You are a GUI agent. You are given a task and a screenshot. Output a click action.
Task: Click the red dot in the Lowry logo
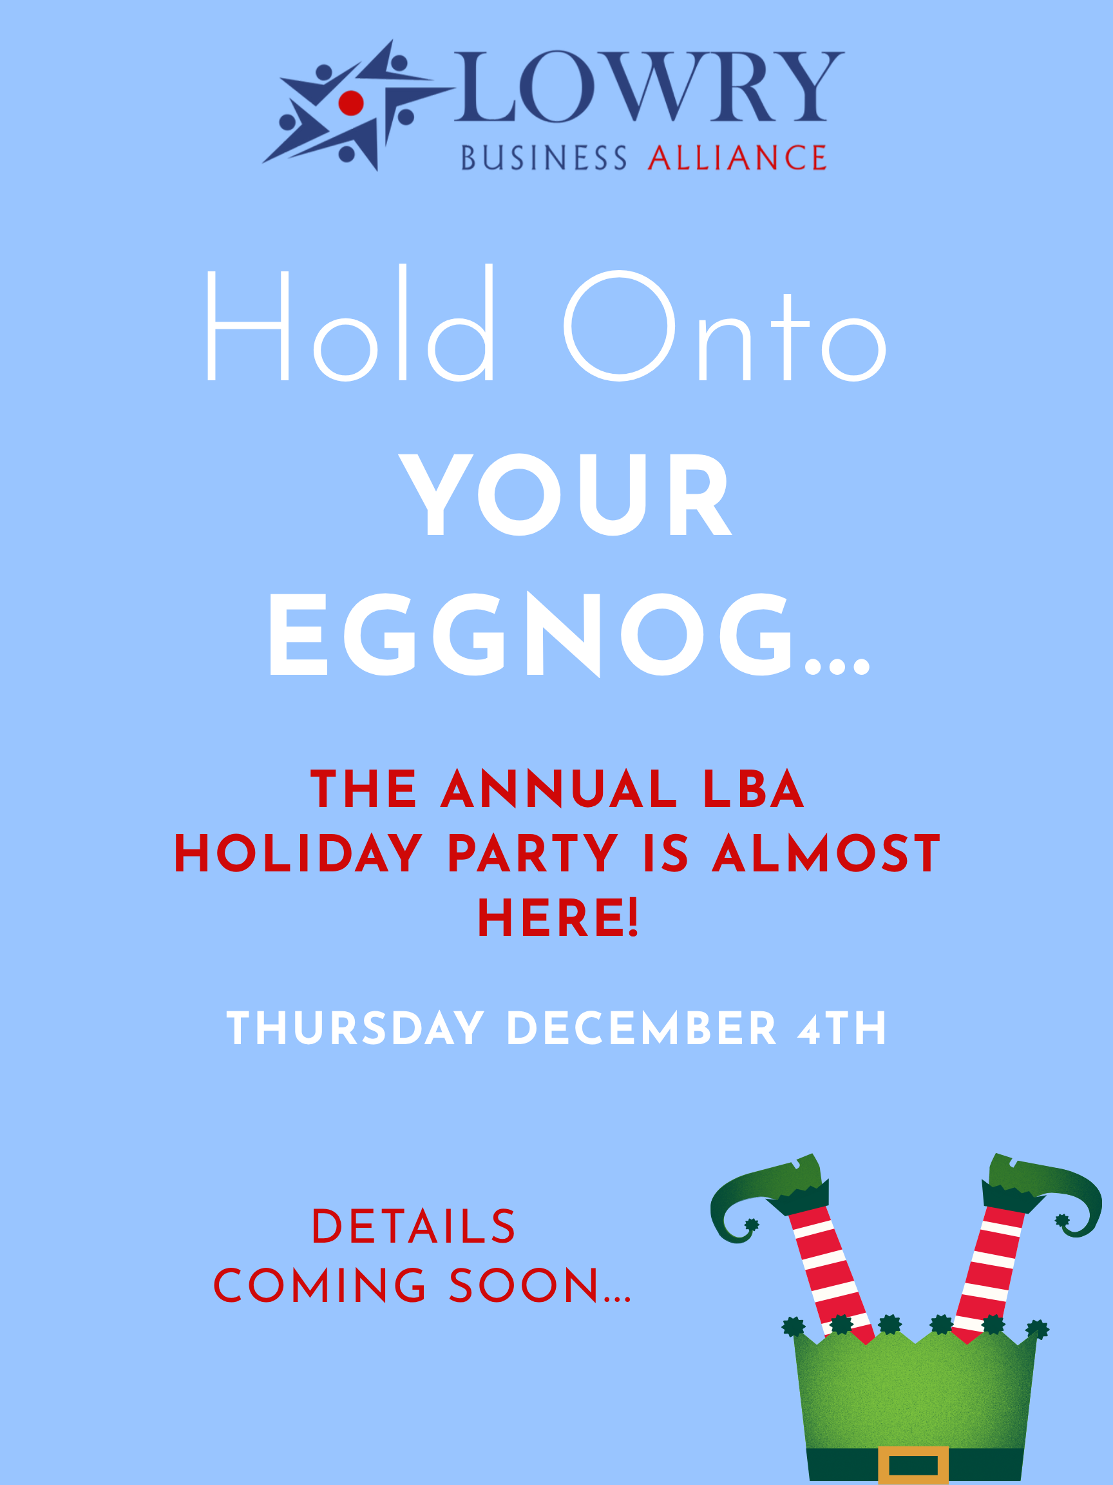(351, 102)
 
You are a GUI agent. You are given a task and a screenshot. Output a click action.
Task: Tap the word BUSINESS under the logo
(544, 158)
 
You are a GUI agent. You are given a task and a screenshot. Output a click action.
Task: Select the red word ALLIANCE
(737, 158)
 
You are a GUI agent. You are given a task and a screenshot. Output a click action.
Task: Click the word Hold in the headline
(350, 323)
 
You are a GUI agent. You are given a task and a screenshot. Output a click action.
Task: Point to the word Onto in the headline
(725, 325)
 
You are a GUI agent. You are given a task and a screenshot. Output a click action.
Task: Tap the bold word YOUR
(565, 495)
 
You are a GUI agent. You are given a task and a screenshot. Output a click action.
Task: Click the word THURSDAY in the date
(356, 1029)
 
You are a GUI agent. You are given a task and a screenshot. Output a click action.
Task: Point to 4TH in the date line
(842, 1029)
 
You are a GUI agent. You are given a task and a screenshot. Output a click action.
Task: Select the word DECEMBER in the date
(642, 1029)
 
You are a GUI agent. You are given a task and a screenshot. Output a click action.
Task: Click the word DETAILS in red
(414, 1227)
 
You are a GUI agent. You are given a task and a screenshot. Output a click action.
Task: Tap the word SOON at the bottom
(523, 1286)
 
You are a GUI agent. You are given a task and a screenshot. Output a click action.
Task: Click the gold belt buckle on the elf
(913, 1465)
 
